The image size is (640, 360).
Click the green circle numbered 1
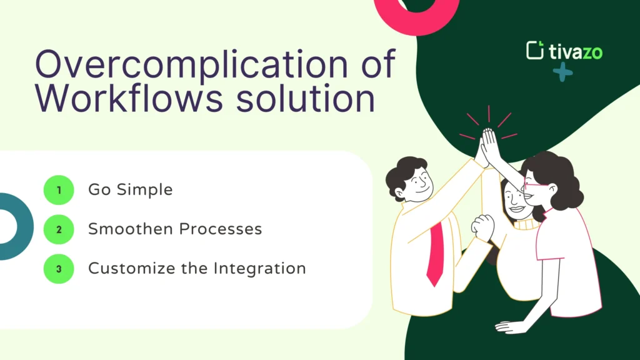[x=59, y=190]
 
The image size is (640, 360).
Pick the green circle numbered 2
[x=59, y=229]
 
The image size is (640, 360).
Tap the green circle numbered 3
[x=59, y=269]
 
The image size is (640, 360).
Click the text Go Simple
[x=130, y=190]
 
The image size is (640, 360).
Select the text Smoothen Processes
[x=174, y=229]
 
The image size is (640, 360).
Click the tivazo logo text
[x=576, y=51]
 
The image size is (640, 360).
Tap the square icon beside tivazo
[x=535, y=51]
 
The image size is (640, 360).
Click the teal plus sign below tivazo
[x=562, y=72]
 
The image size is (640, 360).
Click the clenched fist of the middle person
[x=482, y=227]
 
